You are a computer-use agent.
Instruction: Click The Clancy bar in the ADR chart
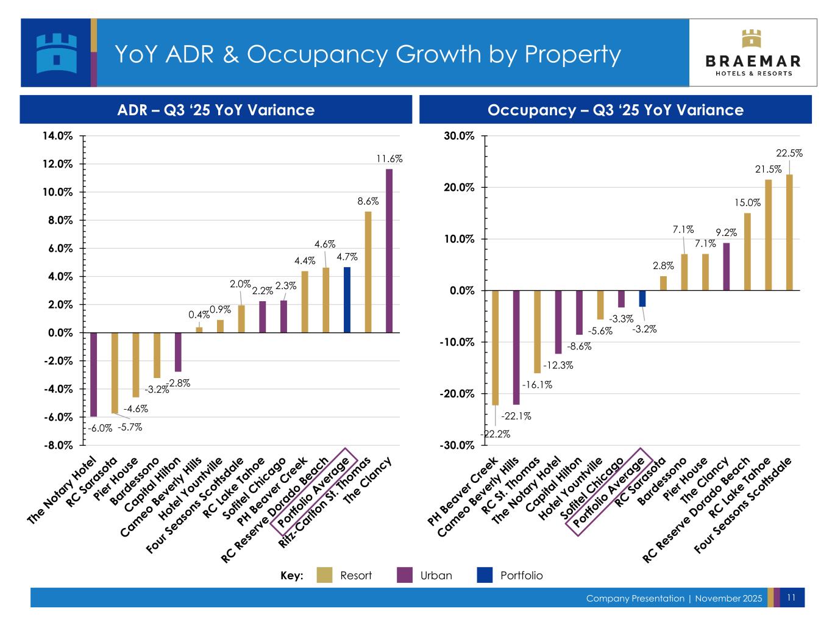pos(389,251)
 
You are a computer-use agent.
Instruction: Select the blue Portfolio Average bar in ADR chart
pos(347,300)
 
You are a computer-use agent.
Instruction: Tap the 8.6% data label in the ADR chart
pos(368,201)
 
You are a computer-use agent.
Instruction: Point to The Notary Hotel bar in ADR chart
pos(93,374)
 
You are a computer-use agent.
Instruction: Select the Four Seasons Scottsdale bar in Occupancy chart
pos(789,232)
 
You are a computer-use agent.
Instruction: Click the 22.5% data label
pos(789,154)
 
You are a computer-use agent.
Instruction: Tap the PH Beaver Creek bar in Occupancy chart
pos(495,348)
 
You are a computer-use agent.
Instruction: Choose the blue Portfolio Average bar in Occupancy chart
pos(642,299)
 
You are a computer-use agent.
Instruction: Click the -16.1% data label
pos(537,385)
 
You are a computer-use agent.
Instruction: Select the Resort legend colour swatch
pos(325,575)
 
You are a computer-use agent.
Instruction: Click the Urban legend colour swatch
pos(405,575)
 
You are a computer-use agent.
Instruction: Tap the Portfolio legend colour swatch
pos(485,575)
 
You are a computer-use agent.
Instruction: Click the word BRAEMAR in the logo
pos(753,61)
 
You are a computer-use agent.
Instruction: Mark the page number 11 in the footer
pos(791,598)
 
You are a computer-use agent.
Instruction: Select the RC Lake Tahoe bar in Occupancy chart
pos(768,235)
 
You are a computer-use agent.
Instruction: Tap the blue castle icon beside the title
pos(56,53)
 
